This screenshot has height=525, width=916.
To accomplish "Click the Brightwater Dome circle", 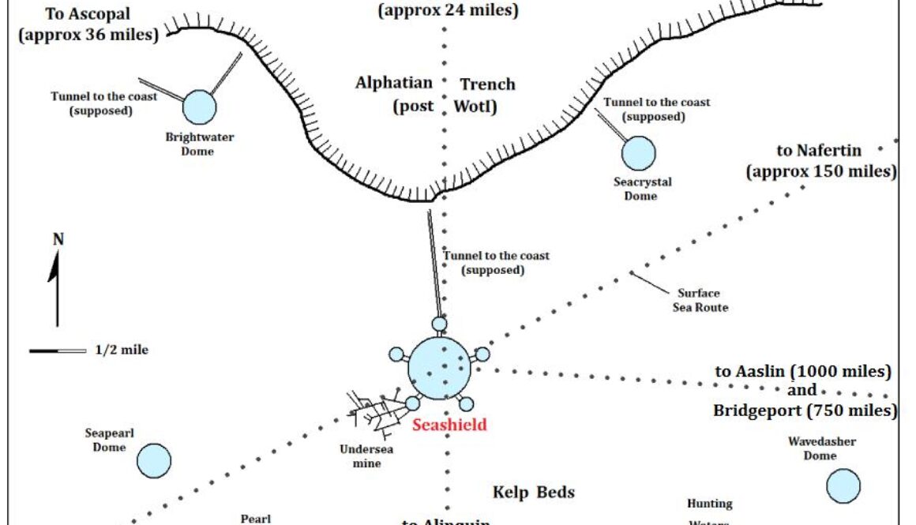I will [199, 106].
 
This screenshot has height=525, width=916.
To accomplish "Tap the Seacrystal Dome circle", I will [638, 153].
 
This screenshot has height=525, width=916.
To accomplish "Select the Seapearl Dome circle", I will [153, 460].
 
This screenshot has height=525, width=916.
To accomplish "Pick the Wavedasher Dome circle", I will [843, 486].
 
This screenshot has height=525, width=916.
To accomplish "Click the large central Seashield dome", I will [437, 366].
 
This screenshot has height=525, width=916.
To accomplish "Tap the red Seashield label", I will [449, 425].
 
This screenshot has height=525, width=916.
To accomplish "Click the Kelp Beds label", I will [534, 493].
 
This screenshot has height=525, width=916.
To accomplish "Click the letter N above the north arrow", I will [58, 239].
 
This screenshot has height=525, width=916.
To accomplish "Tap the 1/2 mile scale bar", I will [58, 350].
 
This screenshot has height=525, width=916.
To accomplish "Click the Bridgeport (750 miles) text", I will [805, 411].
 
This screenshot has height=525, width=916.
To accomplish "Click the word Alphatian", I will [394, 83].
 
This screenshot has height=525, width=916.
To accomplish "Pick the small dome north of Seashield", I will [439, 324].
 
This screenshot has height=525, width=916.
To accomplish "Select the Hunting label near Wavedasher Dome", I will [709, 503].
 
